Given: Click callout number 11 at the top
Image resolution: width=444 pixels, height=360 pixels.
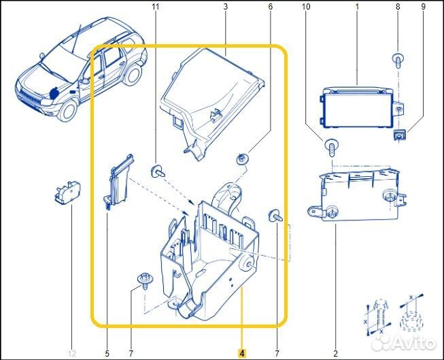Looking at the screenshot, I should click(x=155, y=7).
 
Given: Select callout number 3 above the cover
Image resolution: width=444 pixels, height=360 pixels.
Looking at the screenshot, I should click(x=225, y=7).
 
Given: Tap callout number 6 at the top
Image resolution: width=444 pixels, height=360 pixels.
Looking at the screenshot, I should click(x=270, y=7).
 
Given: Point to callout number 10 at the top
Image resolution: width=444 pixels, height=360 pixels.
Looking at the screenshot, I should click(x=306, y=7).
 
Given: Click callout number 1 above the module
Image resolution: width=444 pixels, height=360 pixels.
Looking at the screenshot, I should click(x=356, y=7).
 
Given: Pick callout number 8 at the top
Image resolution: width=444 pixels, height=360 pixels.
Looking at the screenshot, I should click(x=398, y=7).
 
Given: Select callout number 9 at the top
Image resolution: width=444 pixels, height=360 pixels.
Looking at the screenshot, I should click(x=422, y=7).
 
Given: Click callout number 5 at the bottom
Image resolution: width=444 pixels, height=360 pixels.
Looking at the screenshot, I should click(x=107, y=353).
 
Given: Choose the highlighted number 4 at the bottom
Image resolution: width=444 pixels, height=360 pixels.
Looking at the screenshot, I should click(x=241, y=353).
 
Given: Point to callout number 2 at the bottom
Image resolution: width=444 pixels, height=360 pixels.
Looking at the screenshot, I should click(x=335, y=353).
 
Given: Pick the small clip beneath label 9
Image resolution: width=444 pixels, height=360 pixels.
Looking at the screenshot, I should click(x=400, y=135).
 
